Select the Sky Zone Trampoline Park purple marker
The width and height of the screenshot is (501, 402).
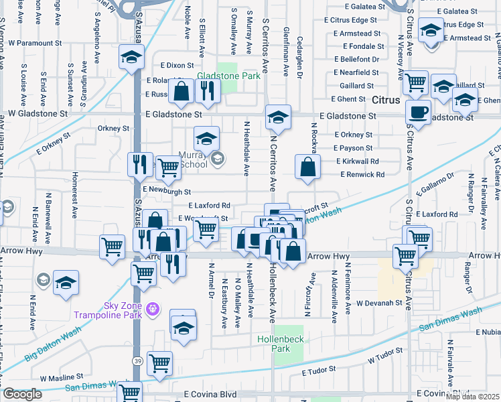click(x=153, y=308)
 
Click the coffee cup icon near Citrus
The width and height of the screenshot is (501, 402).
click(x=419, y=113)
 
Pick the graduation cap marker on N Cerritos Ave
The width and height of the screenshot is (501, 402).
click(x=278, y=117)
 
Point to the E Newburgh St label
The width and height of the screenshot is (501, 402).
click(x=167, y=192)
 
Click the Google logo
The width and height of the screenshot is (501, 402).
click(x=22, y=394)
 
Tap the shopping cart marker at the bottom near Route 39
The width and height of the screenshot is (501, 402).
click(x=159, y=364)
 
